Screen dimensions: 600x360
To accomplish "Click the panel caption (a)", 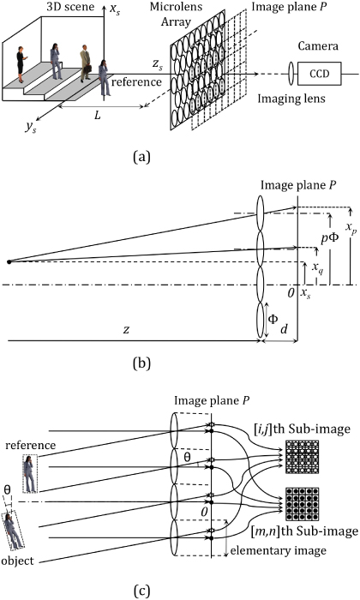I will (177, 156).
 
